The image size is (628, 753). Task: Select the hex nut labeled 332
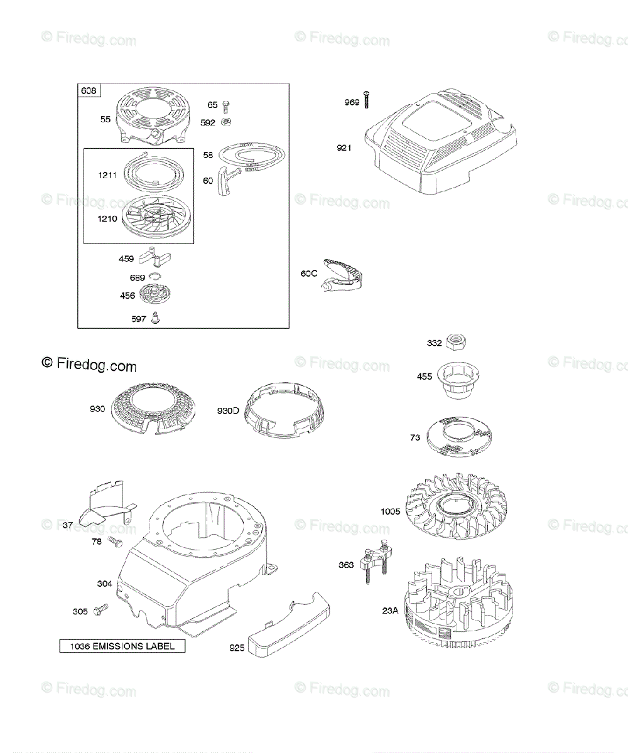(x=457, y=342)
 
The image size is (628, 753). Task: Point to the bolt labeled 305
(x=100, y=609)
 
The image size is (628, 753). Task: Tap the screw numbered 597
(x=157, y=318)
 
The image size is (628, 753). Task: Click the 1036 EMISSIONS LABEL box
(x=122, y=646)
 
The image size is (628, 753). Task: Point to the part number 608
(x=89, y=91)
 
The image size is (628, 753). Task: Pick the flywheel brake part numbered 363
(x=375, y=564)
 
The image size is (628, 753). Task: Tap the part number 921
(x=344, y=148)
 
